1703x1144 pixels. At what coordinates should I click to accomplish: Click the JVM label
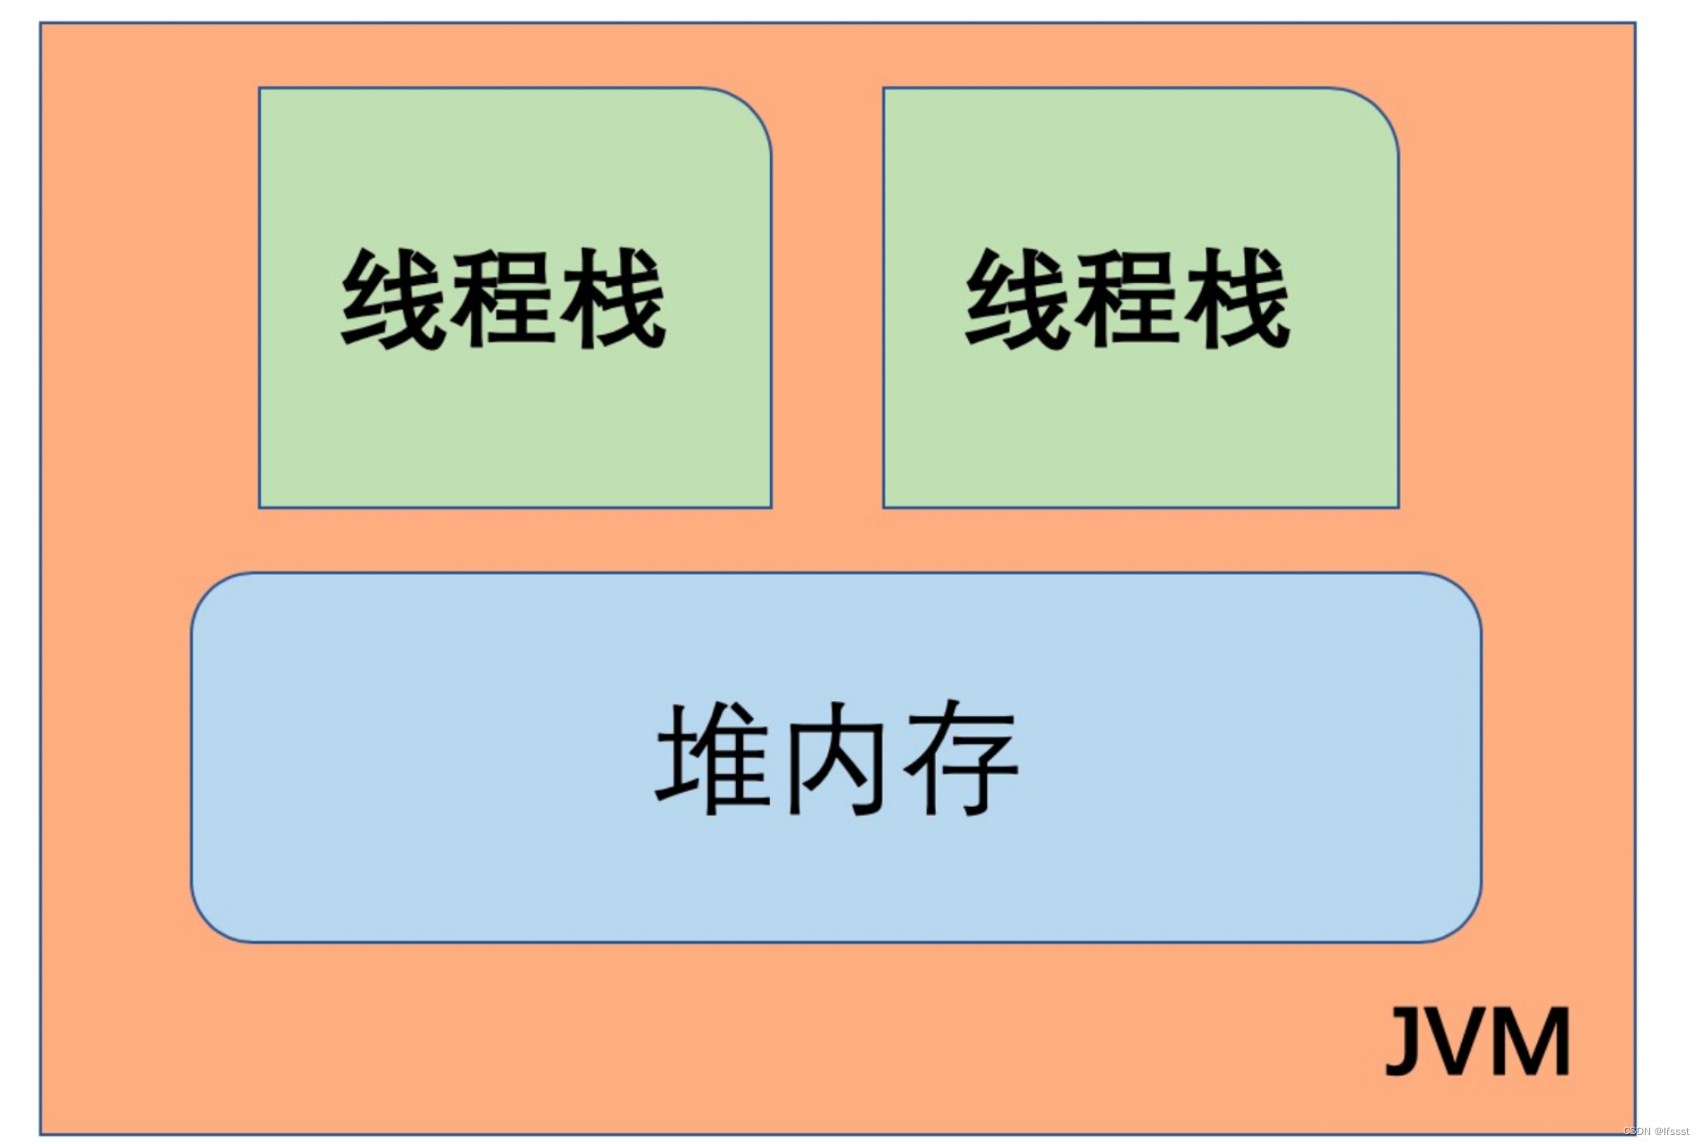tap(1477, 1041)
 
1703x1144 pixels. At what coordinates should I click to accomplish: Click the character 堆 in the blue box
tap(713, 758)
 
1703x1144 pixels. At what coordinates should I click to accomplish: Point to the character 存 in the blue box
tap(961, 758)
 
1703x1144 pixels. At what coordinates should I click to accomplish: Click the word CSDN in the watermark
tap(1637, 1131)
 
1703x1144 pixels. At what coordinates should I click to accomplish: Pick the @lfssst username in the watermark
tap(1672, 1131)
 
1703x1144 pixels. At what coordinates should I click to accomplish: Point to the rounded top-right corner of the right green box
tap(1381, 107)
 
